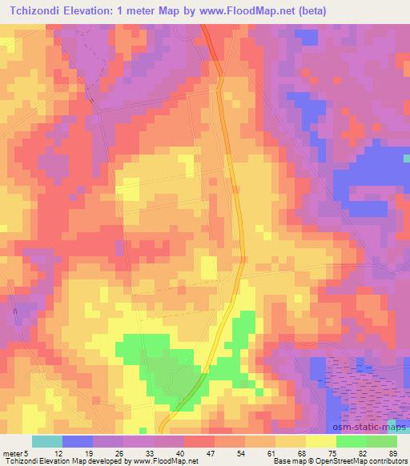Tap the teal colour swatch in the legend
pyautogui.click(x=47, y=441)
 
